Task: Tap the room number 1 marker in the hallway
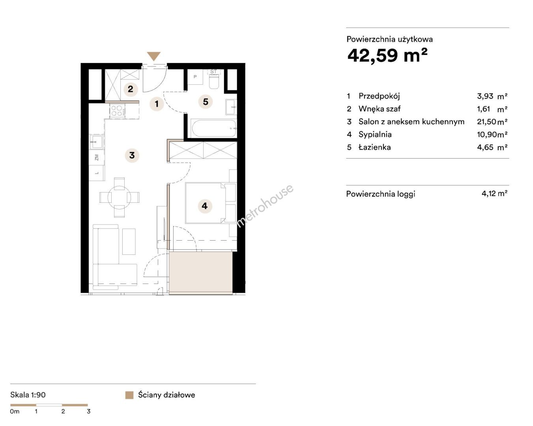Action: [x=157, y=104]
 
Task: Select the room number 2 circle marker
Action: [x=131, y=89]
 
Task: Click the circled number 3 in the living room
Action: [x=132, y=155]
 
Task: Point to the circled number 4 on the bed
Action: [x=205, y=206]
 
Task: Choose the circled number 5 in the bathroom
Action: [x=206, y=101]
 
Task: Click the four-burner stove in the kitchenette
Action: [x=117, y=110]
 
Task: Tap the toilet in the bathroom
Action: [x=214, y=82]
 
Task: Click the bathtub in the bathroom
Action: [x=213, y=128]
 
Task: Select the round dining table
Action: [x=119, y=197]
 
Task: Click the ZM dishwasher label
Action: [x=97, y=157]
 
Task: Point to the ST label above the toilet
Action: [x=213, y=71]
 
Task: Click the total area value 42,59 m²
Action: [x=387, y=56]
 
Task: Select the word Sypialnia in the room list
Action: [x=375, y=135]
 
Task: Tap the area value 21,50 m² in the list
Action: [x=492, y=121]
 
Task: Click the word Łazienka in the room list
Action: [x=374, y=148]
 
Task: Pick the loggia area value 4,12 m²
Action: [x=494, y=193]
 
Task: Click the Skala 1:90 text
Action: [x=28, y=395]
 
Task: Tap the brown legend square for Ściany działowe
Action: [x=129, y=395]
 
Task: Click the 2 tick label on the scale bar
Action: [x=63, y=411]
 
